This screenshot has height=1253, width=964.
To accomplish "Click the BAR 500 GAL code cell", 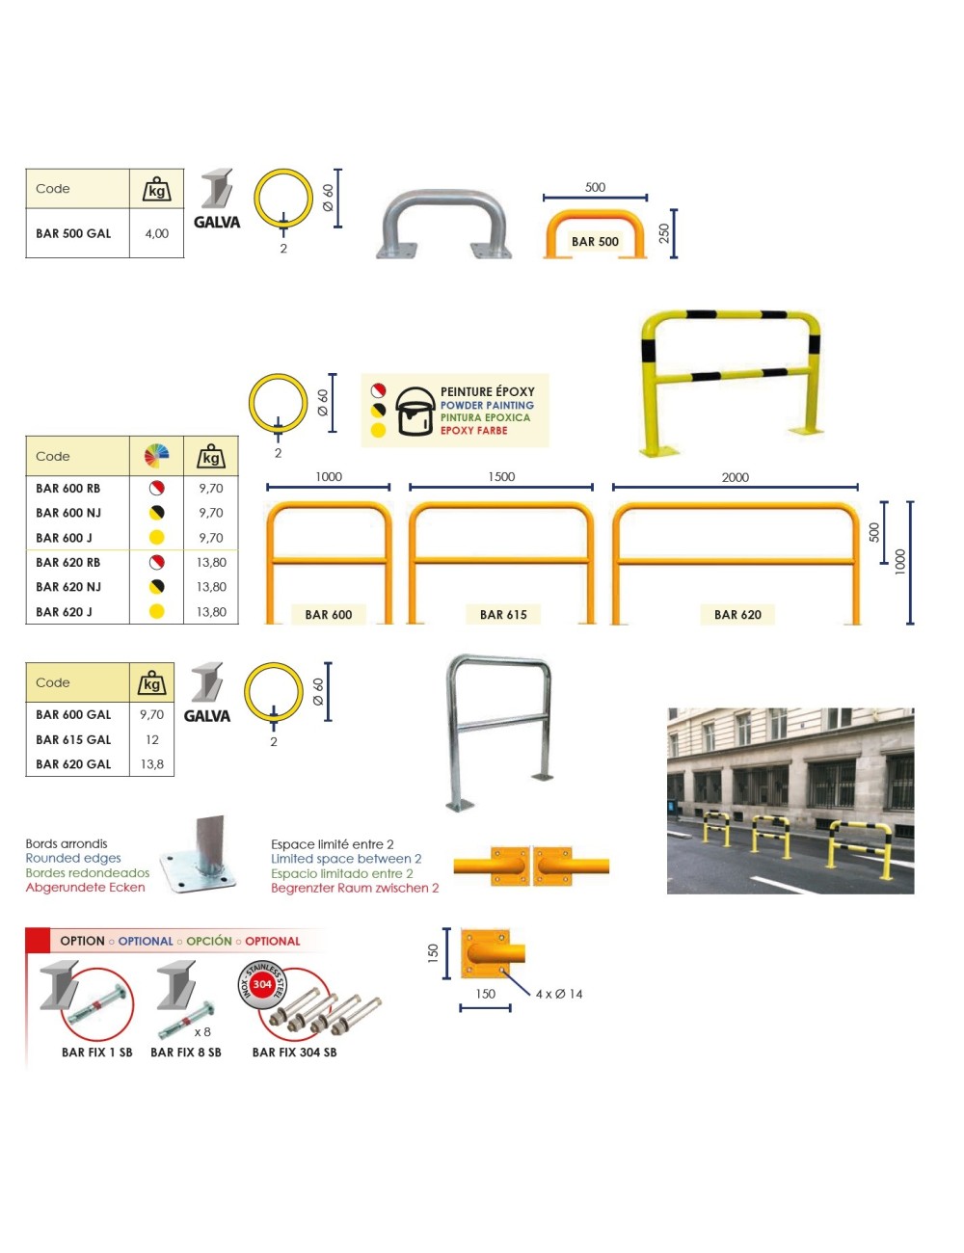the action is tap(73, 233).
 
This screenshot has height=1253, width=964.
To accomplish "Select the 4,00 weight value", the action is tap(157, 233).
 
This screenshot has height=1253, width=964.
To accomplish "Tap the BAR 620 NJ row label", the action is tap(68, 587).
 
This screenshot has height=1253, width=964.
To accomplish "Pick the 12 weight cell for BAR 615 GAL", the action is tap(151, 739).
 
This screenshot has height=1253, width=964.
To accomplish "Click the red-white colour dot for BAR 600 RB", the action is tap(156, 488).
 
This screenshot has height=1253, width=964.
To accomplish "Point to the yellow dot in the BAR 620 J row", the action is tap(156, 611).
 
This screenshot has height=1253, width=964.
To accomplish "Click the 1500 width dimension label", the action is tap(501, 477).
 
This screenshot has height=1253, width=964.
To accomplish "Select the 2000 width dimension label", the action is tap(736, 477).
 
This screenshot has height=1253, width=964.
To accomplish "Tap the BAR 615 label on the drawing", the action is tap(503, 615).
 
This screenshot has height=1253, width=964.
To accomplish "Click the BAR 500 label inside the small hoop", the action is tap(595, 242).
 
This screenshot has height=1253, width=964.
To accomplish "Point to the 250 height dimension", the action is tap(664, 233).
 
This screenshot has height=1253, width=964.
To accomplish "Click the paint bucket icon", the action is tap(415, 411).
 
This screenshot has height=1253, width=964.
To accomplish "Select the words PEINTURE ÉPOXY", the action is tap(487, 391).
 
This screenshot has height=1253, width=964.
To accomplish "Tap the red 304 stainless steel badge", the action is tap(262, 984).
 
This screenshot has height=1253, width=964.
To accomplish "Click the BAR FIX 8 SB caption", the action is tap(186, 1053).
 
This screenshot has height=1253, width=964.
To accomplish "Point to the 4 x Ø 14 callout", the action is tap(559, 994).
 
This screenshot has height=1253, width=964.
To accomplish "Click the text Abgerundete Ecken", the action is tap(86, 888).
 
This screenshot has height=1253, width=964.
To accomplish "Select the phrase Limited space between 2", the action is tap(346, 859).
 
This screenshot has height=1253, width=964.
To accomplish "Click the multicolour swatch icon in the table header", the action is tap(156, 456).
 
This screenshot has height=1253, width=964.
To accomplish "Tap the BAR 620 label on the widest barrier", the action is tap(737, 615).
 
